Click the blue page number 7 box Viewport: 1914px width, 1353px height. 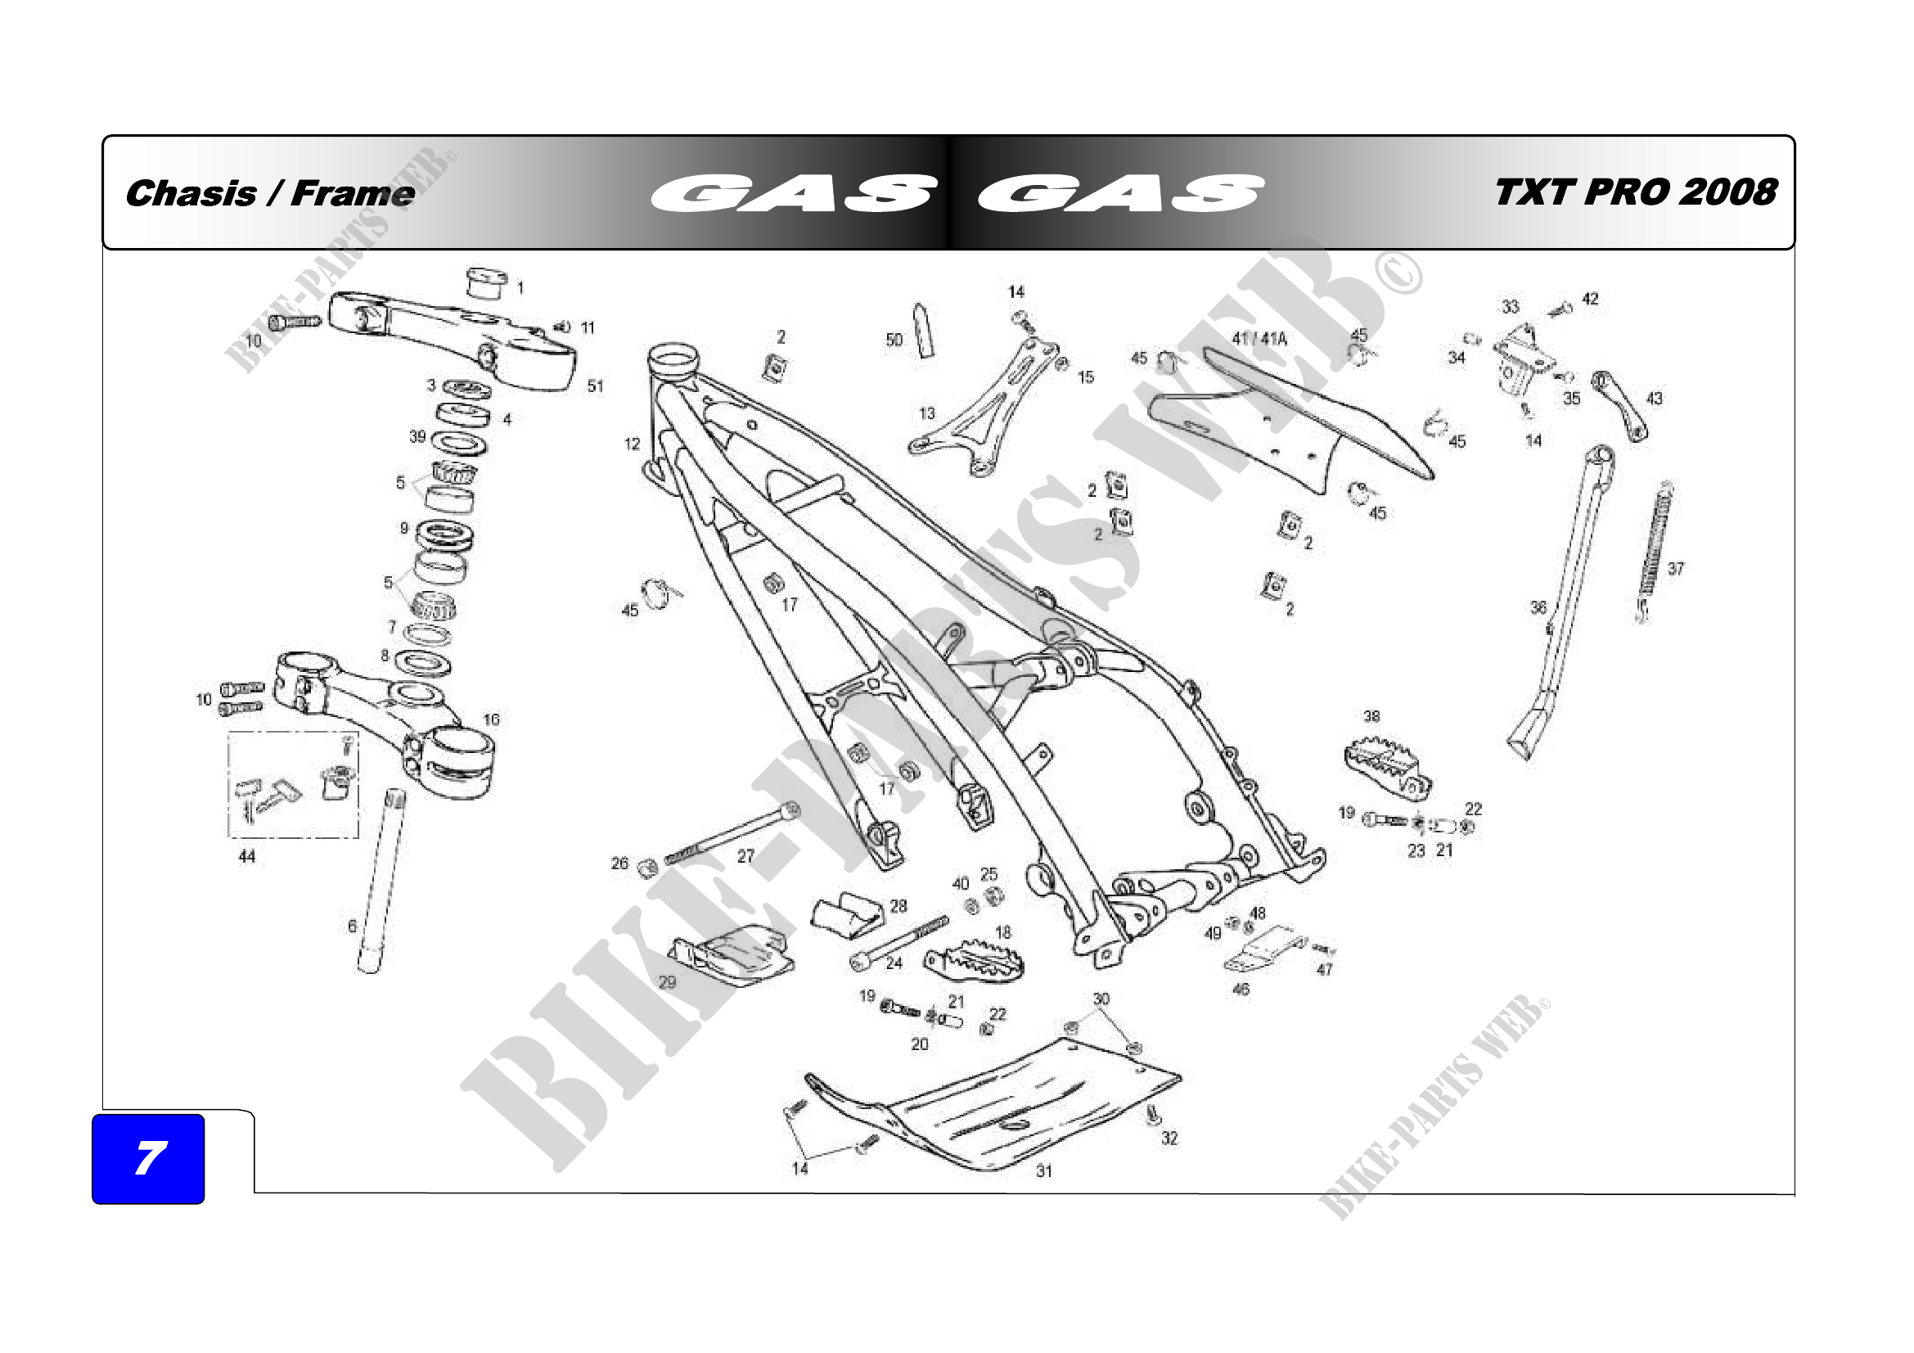(148, 1158)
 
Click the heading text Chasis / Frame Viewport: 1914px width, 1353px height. (270, 193)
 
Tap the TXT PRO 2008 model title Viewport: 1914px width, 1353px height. (1636, 192)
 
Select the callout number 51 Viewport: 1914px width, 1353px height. (595, 386)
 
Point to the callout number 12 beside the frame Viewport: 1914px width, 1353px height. (633, 444)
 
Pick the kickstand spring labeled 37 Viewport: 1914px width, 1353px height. (1655, 550)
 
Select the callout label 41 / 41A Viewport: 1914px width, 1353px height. (1259, 340)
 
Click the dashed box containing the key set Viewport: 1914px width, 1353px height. (294, 784)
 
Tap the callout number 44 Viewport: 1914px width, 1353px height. (247, 856)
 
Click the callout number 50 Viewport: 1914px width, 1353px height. (894, 341)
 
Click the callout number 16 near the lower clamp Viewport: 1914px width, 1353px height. (491, 719)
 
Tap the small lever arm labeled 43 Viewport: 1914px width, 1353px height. (1619, 406)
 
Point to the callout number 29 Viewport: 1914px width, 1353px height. (668, 982)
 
